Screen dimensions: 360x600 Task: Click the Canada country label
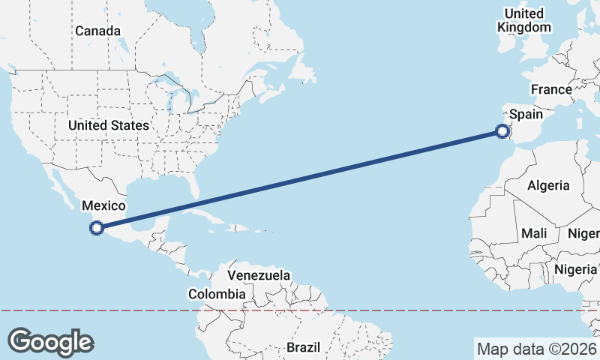coord(97,31)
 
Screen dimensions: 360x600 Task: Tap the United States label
coord(109,125)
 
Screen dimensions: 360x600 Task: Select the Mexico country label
coord(103,205)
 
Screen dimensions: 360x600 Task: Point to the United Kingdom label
coord(524,20)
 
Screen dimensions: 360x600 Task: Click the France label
coord(551,89)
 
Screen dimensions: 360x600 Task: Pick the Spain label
coord(526,115)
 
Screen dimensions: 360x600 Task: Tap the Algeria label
coord(548,185)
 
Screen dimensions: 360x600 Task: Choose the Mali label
coord(534,233)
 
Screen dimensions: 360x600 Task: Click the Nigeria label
coord(576,268)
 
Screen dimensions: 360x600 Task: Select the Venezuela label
coord(259,276)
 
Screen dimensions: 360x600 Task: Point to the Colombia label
coord(217,294)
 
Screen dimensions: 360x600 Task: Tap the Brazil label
coord(304,348)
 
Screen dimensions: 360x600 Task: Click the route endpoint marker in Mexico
coord(96,228)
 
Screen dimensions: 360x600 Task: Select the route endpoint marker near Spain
coord(502,132)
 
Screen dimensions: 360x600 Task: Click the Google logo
coord(51,341)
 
